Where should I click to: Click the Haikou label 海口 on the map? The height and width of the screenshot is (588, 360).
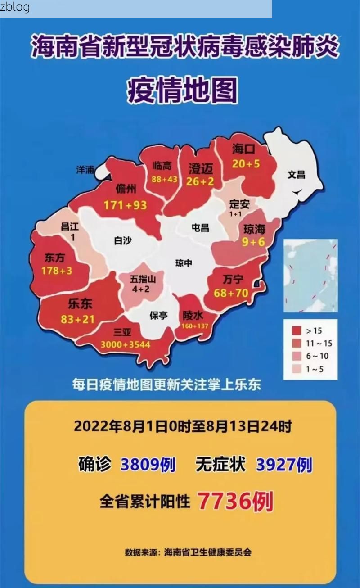tap(243, 149)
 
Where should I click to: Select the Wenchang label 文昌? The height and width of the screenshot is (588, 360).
tap(296, 174)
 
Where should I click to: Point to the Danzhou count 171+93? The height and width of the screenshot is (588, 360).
tap(125, 205)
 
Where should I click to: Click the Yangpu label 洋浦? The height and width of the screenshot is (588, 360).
tap(85, 170)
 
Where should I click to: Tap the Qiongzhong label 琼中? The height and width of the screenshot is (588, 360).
tap(184, 263)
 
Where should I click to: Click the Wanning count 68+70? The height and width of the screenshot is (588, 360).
tap(231, 293)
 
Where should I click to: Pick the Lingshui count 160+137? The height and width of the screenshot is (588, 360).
tap(195, 326)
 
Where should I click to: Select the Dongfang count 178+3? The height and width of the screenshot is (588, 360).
tap(57, 271)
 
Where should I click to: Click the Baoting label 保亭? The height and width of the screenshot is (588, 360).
tap(158, 315)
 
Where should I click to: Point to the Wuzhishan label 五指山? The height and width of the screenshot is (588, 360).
tap(143, 279)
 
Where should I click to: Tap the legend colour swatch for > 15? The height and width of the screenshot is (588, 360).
tap(296, 331)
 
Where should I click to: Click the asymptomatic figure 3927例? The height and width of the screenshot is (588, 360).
tap(284, 465)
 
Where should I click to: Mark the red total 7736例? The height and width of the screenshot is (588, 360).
tap(235, 501)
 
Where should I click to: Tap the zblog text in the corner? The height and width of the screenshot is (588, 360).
tap(15, 7)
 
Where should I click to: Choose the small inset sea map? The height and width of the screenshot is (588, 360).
tap(310, 276)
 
